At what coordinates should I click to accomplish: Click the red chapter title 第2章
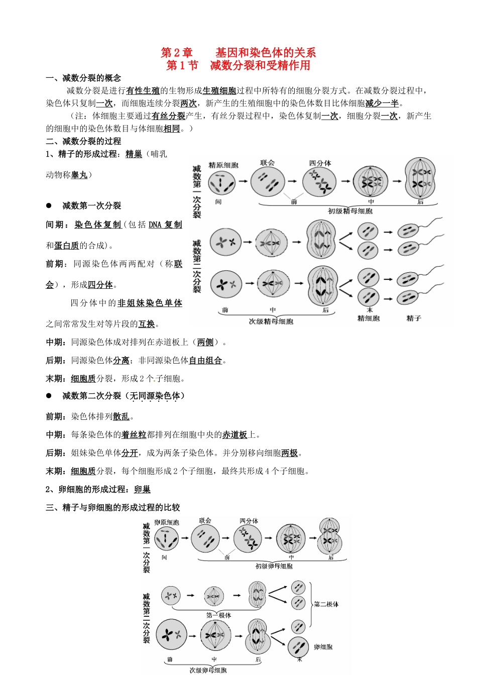(177, 53)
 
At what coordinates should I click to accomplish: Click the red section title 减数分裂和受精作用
(260, 65)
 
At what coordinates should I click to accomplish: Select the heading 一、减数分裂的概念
(83, 78)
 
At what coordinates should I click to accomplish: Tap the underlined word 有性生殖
(143, 91)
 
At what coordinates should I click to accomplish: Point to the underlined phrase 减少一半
(382, 103)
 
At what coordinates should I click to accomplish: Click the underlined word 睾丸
(79, 175)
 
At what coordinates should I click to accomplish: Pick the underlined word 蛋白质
(67, 246)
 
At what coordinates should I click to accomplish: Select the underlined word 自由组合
(205, 361)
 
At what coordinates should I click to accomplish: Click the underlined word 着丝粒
(134, 435)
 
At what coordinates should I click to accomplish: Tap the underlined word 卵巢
(143, 490)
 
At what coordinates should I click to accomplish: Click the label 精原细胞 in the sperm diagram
(223, 165)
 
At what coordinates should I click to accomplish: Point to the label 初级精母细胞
(350, 211)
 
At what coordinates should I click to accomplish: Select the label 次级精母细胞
(271, 321)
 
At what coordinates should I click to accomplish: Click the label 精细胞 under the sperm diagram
(369, 318)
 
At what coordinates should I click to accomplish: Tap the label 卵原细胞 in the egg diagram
(167, 523)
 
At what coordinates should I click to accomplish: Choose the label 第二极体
(326, 604)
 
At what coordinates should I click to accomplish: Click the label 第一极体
(219, 615)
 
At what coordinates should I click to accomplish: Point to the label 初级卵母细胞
(274, 566)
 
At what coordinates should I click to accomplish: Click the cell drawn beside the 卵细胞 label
(298, 647)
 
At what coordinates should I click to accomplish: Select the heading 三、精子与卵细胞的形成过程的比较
(113, 508)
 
